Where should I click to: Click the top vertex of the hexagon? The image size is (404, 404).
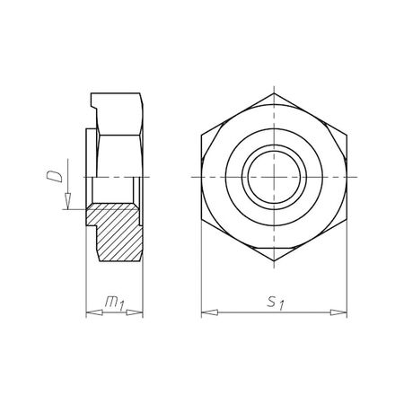point(275,94)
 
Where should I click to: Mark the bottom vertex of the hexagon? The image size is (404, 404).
point(275,263)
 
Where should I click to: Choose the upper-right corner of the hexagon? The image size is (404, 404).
point(348,136)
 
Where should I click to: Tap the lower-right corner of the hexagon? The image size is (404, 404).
point(348,221)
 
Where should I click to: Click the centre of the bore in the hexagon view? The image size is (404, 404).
point(275,179)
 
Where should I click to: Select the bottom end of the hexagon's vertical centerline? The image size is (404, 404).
point(275,272)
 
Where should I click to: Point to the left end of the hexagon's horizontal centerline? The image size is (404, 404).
point(192,179)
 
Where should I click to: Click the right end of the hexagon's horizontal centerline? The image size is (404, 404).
point(357,179)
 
